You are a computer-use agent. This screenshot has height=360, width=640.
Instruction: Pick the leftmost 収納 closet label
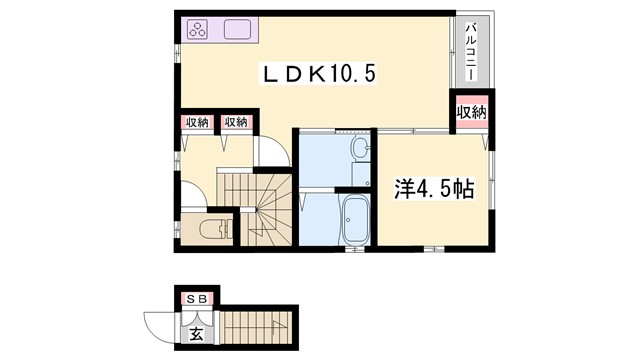click(196, 122)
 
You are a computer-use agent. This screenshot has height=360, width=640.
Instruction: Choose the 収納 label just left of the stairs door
click(236, 122)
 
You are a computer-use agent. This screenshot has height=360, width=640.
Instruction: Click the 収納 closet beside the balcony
click(471, 111)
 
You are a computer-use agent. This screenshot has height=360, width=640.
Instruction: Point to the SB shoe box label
click(196, 298)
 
